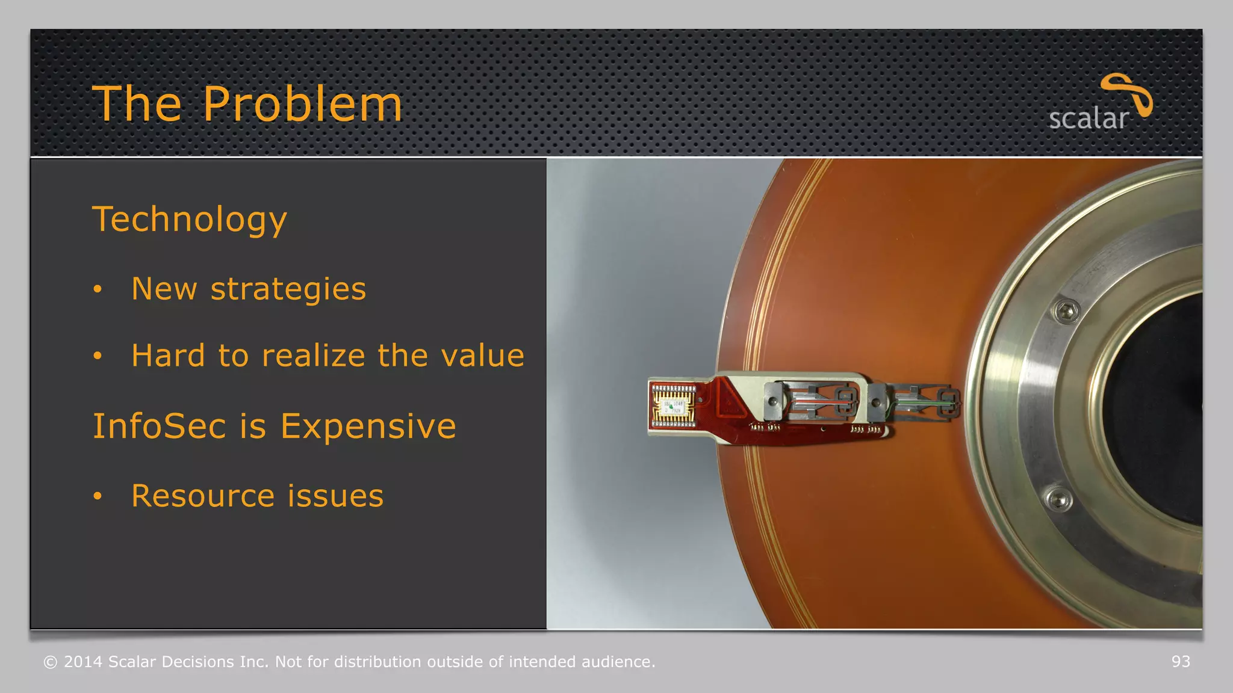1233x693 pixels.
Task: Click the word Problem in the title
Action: (302, 104)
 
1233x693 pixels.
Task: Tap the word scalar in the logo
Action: (1088, 119)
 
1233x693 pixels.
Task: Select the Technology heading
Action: (190, 219)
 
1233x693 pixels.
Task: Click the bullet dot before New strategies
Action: (98, 290)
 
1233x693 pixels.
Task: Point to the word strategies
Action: (288, 289)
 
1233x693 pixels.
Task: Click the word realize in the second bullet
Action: (313, 356)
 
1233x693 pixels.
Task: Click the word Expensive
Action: (368, 427)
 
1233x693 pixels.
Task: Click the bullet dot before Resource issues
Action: (98, 497)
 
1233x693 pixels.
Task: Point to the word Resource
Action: (203, 496)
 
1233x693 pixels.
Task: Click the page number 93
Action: (1181, 662)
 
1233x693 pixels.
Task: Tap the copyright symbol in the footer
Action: (51, 662)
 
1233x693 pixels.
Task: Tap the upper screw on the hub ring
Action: (1066, 311)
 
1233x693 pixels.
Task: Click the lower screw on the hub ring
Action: (1058, 499)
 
